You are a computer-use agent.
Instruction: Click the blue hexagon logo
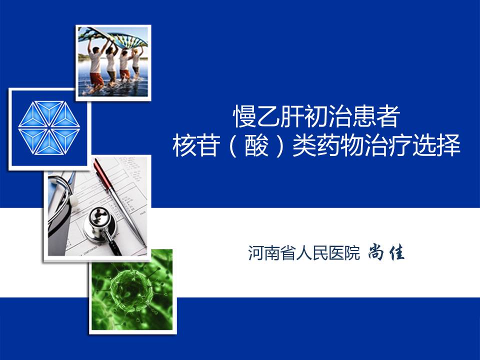coord(49,127)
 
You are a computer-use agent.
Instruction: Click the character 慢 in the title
coord(244,116)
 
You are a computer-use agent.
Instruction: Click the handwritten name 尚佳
coord(386,252)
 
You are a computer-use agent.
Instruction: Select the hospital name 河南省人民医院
coord(304,253)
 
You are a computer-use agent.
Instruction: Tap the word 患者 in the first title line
coord(376,116)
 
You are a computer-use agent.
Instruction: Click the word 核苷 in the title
coord(196,145)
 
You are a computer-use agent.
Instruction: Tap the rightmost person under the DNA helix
coord(136,63)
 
